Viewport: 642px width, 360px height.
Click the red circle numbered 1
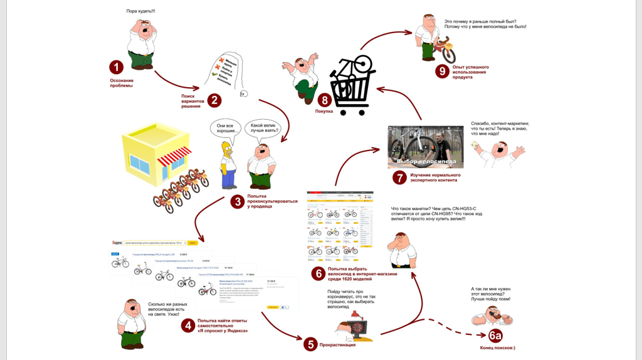pyautogui.click(x=116, y=67)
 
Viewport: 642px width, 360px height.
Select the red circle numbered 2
pyautogui.click(x=214, y=100)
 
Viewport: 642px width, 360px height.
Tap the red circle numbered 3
pyautogui.click(x=237, y=201)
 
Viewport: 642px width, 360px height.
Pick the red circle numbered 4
pyautogui.click(x=187, y=326)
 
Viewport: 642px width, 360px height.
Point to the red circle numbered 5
pyautogui.click(x=310, y=344)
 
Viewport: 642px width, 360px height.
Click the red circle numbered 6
pyautogui.click(x=318, y=273)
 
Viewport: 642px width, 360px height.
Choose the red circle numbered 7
pyautogui.click(x=399, y=177)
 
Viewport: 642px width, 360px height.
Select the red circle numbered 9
pyautogui.click(x=442, y=71)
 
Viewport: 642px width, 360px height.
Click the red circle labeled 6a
pyautogui.click(x=495, y=335)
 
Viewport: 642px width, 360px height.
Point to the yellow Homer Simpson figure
pyautogui.click(x=228, y=164)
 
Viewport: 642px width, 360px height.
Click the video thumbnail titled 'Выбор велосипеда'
pyautogui.click(x=425, y=147)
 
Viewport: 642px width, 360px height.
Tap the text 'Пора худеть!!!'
pyautogui.click(x=140, y=11)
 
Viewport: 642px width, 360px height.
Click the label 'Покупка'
pyautogui.click(x=324, y=111)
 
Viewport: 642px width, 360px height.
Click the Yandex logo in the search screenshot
pyautogui.click(x=117, y=242)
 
